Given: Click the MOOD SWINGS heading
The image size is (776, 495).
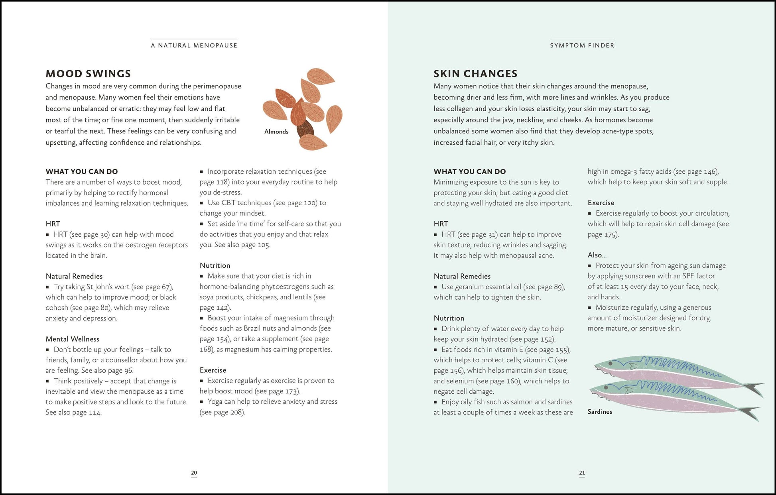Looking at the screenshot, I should pyautogui.click(x=88, y=74).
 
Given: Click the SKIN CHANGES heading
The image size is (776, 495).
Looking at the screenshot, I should pyautogui.click(x=475, y=74).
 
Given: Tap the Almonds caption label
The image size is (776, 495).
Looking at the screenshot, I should pyautogui.click(x=276, y=132).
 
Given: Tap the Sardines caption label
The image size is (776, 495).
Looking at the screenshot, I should pyautogui.click(x=599, y=412).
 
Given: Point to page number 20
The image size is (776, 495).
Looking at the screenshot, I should pyautogui.click(x=194, y=473).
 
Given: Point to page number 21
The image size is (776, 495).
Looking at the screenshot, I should pyautogui.click(x=582, y=473).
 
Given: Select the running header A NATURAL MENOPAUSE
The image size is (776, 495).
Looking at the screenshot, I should pyautogui.click(x=194, y=45).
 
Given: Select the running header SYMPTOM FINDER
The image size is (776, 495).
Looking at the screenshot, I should pyautogui.click(x=582, y=45).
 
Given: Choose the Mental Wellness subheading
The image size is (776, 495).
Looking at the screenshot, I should pyautogui.click(x=72, y=339).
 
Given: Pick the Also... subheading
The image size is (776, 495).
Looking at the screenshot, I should pyautogui.click(x=597, y=255).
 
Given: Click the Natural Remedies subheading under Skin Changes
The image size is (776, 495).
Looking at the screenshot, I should pyautogui.click(x=462, y=276).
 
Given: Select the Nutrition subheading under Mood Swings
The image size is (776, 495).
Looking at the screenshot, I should pyautogui.click(x=215, y=265).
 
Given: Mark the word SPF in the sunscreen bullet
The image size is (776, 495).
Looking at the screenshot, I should pyautogui.click(x=688, y=276).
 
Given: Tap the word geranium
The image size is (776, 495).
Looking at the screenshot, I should pyautogui.click(x=471, y=287).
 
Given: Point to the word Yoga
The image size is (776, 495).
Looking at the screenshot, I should pyautogui.click(x=215, y=401).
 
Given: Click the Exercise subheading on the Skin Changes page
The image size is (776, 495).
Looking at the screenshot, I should pyautogui.click(x=601, y=202).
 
